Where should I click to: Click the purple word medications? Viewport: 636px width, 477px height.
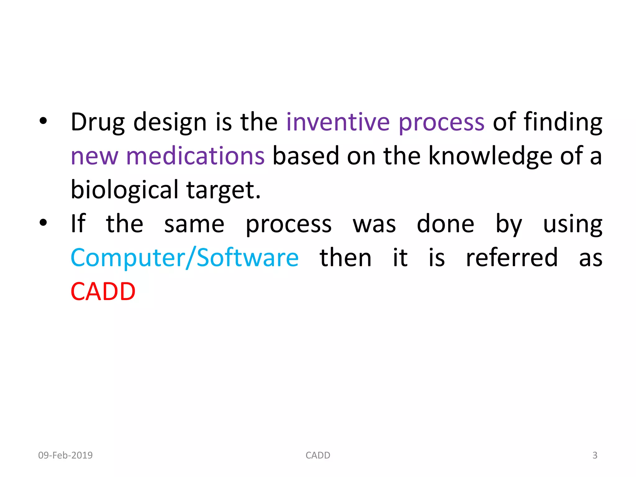coord(195,156)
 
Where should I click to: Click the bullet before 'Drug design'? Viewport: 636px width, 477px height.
coord(43,121)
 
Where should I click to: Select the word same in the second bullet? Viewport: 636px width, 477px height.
coord(194,224)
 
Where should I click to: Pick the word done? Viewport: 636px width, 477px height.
coord(445,224)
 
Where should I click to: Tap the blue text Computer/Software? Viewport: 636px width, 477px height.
coord(184,258)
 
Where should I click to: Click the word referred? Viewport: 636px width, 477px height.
coord(512,258)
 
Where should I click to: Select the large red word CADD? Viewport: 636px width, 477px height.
coord(103,292)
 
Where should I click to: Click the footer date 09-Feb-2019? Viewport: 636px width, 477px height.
coord(65,455)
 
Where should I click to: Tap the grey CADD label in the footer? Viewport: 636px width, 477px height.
coord(318,455)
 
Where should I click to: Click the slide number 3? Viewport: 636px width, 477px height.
coord(595,455)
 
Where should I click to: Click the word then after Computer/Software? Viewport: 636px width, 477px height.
coord(345,258)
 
